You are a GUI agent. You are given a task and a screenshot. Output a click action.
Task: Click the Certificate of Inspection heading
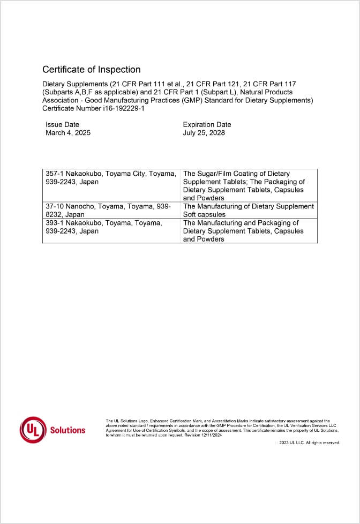pyautogui.click(x=91, y=70)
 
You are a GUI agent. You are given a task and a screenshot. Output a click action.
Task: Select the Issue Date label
pyautogui.click(x=62, y=125)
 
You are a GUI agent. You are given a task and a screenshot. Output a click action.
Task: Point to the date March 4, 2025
pyautogui.click(x=68, y=133)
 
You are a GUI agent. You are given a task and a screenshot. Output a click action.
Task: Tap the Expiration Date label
pyautogui.click(x=207, y=125)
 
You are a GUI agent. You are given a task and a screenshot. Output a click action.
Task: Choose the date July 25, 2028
pyautogui.click(x=204, y=133)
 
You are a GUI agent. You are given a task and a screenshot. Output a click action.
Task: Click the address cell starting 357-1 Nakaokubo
pyautogui.click(x=111, y=178)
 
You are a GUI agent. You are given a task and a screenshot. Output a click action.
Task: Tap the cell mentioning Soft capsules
pyautogui.click(x=248, y=210)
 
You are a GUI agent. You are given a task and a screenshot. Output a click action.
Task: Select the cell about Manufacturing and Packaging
pyautogui.click(x=248, y=230)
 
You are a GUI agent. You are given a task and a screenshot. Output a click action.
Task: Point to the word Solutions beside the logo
pyautogui.click(x=67, y=430)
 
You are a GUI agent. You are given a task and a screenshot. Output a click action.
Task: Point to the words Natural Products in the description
pyautogui.click(x=267, y=92)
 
